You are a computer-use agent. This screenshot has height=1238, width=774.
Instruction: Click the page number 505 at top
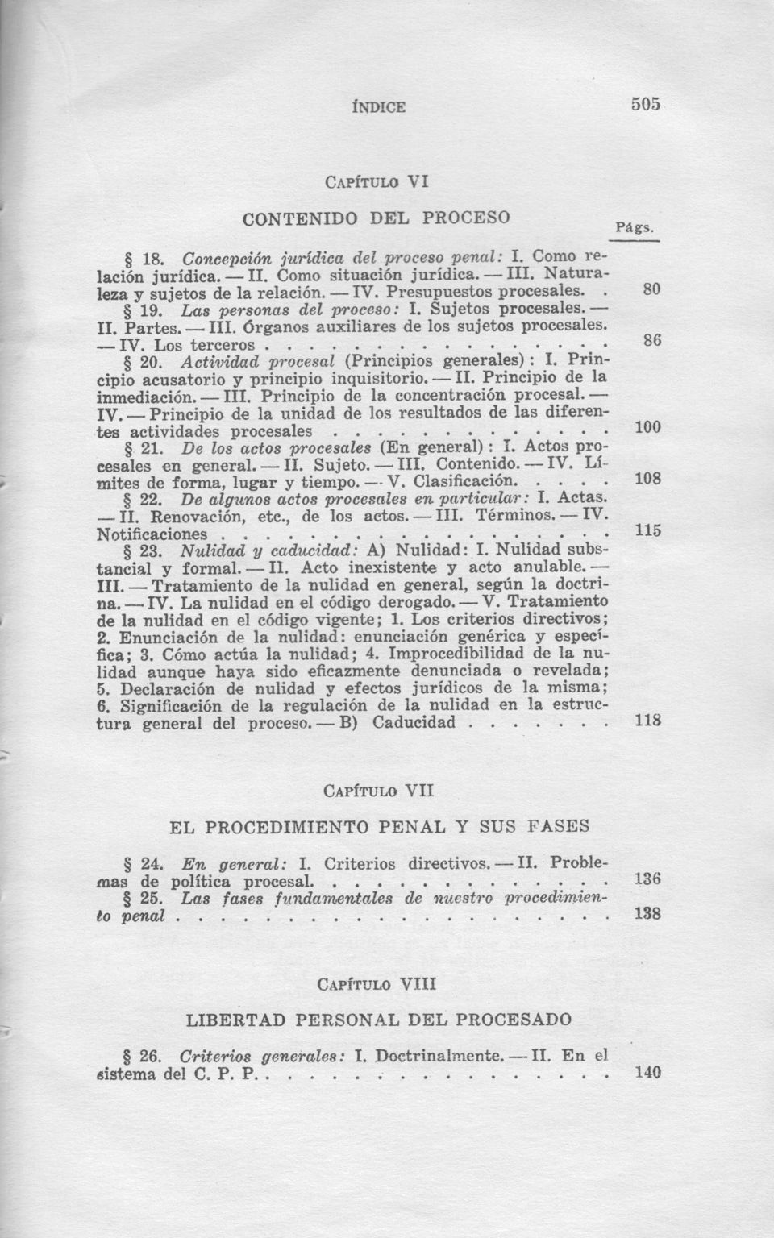click(x=646, y=103)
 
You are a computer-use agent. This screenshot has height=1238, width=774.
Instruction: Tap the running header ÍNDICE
click(x=379, y=106)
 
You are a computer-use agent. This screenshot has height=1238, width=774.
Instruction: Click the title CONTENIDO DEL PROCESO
click(x=377, y=218)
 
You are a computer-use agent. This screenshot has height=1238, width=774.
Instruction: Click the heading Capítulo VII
click(x=378, y=791)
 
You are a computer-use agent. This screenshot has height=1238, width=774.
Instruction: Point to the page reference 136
click(x=647, y=879)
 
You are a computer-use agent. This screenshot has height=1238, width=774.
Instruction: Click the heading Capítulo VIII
click(x=378, y=984)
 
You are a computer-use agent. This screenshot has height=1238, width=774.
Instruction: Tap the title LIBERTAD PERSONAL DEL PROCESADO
click(x=379, y=1020)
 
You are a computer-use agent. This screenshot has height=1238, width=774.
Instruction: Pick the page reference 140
click(x=647, y=1073)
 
